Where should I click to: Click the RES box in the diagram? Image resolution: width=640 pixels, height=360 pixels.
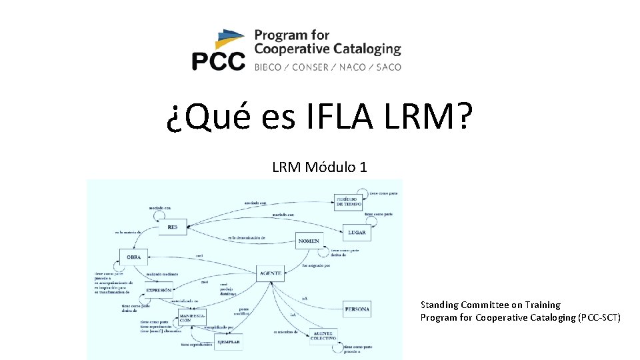coord(173,227)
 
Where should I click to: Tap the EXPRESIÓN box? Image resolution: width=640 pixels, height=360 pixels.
coord(159,289)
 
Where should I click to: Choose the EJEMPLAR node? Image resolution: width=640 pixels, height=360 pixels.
coord(227,342)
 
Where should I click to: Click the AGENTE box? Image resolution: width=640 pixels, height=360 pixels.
coord(270,273)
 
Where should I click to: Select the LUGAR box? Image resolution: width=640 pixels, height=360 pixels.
coord(357,233)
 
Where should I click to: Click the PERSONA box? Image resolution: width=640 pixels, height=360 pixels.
coord(357,309)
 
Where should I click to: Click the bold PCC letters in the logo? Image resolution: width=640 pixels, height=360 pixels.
coord(218,61)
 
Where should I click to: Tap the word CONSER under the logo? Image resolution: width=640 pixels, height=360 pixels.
coord(310,67)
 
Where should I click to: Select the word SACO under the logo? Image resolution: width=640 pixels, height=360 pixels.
coord(388,67)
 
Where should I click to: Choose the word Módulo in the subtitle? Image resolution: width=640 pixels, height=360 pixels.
coord(331,167)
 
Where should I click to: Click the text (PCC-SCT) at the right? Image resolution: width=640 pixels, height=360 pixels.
coord(599,317)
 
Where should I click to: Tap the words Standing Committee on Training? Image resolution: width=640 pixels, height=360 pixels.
coord(490,305)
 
